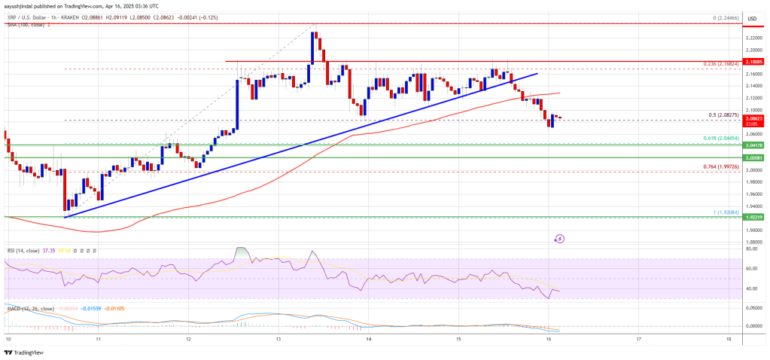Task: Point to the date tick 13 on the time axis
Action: (278, 340)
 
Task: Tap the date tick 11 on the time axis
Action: (98, 340)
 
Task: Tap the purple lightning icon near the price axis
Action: (559, 239)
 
